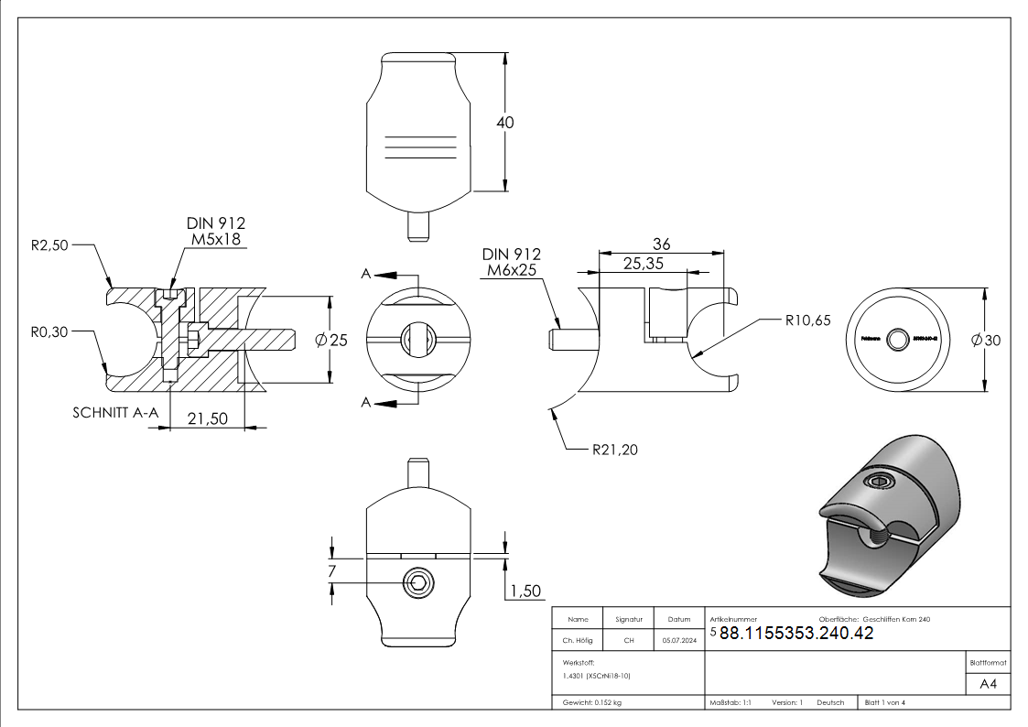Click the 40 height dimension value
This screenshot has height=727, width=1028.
click(x=504, y=122)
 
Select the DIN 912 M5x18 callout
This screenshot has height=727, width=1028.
click(x=216, y=232)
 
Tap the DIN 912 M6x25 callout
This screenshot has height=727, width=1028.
click(x=511, y=262)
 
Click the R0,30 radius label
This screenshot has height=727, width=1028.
click(x=48, y=331)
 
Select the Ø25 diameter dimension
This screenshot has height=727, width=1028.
click(x=331, y=340)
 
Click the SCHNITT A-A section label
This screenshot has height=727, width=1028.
click(x=116, y=413)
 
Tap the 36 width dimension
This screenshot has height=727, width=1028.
click(x=661, y=244)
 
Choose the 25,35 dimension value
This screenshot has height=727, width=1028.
click(x=644, y=264)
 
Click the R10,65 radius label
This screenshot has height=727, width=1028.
click(x=807, y=320)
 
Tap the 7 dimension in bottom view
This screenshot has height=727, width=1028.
click(x=331, y=571)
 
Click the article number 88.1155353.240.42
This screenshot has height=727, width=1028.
click(x=796, y=634)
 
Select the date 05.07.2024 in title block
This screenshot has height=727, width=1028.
click(x=678, y=641)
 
